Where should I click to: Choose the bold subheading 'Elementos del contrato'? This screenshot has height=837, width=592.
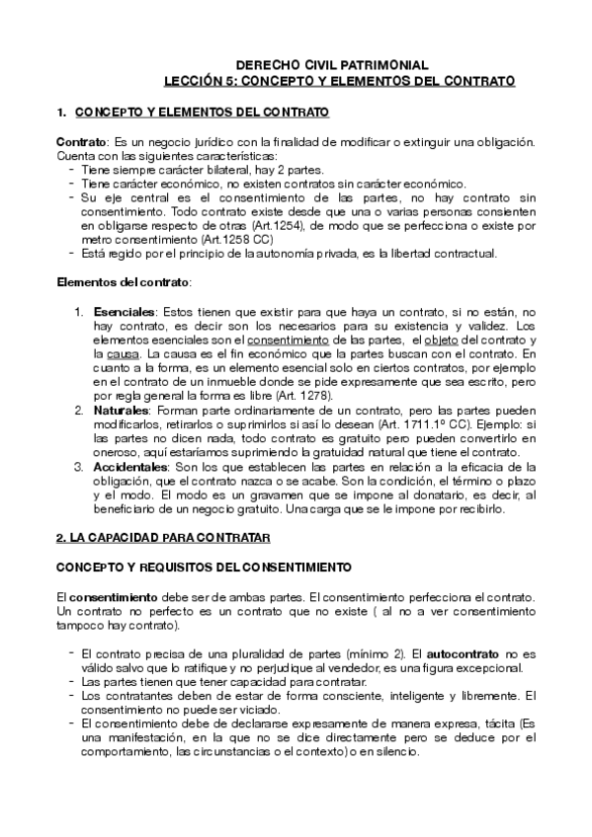point(123,283)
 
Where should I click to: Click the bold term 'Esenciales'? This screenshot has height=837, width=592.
point(124,311)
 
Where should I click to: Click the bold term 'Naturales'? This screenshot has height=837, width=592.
point(118,408)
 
